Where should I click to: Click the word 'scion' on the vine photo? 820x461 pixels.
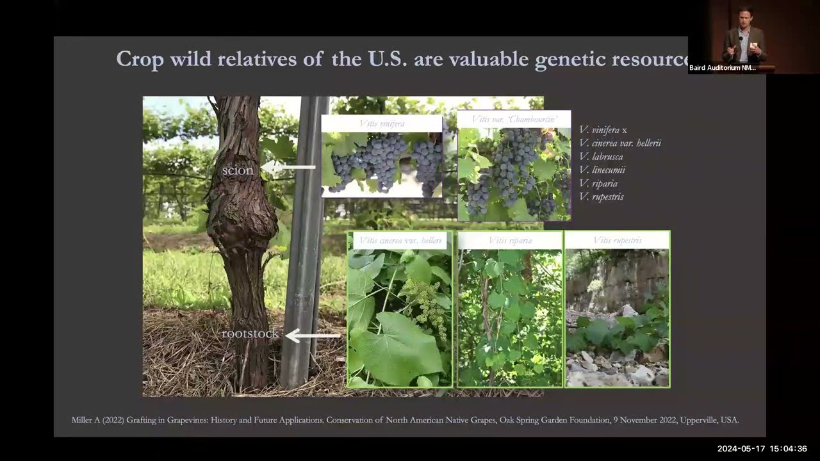point(238,171)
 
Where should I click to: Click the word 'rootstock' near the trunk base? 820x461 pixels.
point(250,334)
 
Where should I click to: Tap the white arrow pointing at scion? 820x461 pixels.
point(289,168)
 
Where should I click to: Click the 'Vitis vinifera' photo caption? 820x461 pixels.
point(381,123)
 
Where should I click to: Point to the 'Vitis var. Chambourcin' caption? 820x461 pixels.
point(514,119)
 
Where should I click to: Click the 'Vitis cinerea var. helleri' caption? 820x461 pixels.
point(400,240)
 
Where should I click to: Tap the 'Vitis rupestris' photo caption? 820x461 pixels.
point(617,240)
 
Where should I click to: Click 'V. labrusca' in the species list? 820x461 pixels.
point(601,157)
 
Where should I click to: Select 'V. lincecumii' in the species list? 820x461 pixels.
point(602,170)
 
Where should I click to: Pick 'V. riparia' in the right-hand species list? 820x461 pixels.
point(598,184)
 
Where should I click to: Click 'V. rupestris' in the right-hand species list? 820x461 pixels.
point(601,197)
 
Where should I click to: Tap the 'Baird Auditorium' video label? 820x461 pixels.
point(723,68)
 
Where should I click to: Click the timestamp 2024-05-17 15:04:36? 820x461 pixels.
point(762,449)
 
